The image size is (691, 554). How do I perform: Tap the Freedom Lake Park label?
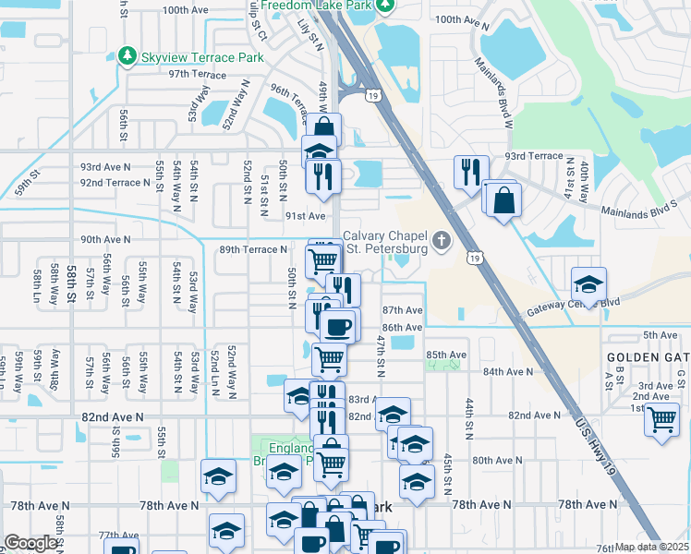click(x=315, y=6)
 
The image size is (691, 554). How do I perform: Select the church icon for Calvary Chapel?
click(x=442, y=242)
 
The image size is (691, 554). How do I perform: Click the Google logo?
click(x=30, y=543)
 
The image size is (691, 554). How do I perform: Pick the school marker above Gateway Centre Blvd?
click(x=588, y=283)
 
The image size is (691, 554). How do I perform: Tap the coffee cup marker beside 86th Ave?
click(x=337, y=325)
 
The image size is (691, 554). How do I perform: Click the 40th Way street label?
click(x=585, y=181)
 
